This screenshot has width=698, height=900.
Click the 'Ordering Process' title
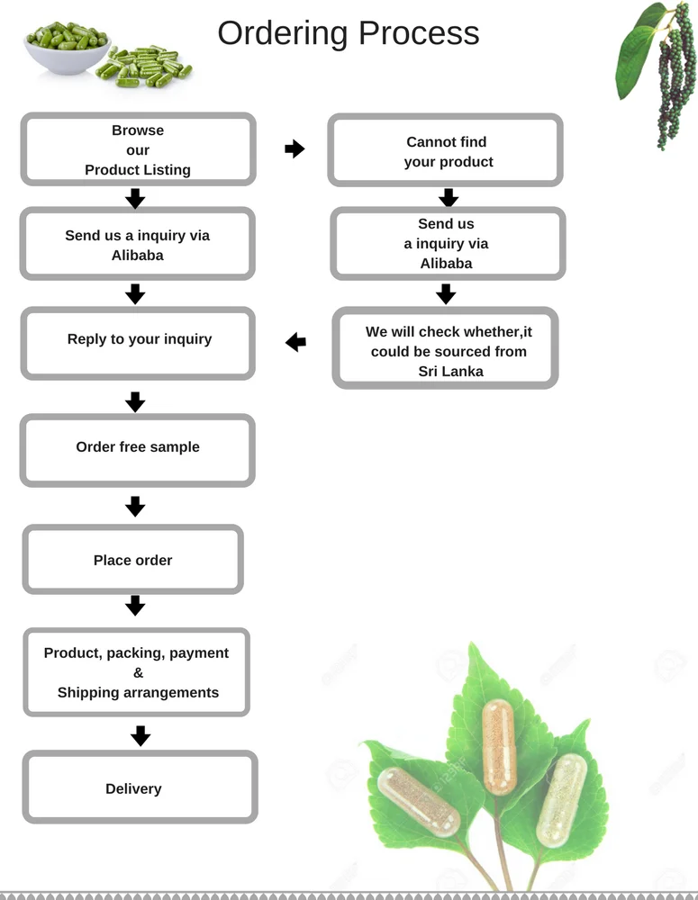(348, 33)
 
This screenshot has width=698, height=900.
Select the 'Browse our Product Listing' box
(138, 149)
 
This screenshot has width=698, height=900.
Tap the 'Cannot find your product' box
(446, 151)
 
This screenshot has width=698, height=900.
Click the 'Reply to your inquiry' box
(139, 340)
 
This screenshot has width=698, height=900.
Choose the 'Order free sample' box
(138, 448)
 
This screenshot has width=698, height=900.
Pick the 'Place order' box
(133, 560)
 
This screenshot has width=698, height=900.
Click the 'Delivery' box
(141, 788)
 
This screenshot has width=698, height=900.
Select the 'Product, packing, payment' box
(136, 672)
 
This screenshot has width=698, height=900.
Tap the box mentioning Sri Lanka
(446, 350)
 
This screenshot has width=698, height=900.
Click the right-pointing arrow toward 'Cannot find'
(295, 149)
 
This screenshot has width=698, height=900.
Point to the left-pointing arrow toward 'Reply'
(295, 342)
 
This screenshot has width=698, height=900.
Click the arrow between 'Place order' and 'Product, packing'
(135, 606)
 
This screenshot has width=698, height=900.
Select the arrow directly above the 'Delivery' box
(140, 736)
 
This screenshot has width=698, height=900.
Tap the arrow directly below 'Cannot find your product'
(448, 198)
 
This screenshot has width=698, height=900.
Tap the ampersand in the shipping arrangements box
(138, 673)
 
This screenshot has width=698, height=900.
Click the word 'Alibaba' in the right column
(446, 263)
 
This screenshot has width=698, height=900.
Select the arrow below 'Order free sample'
(135, 507)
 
